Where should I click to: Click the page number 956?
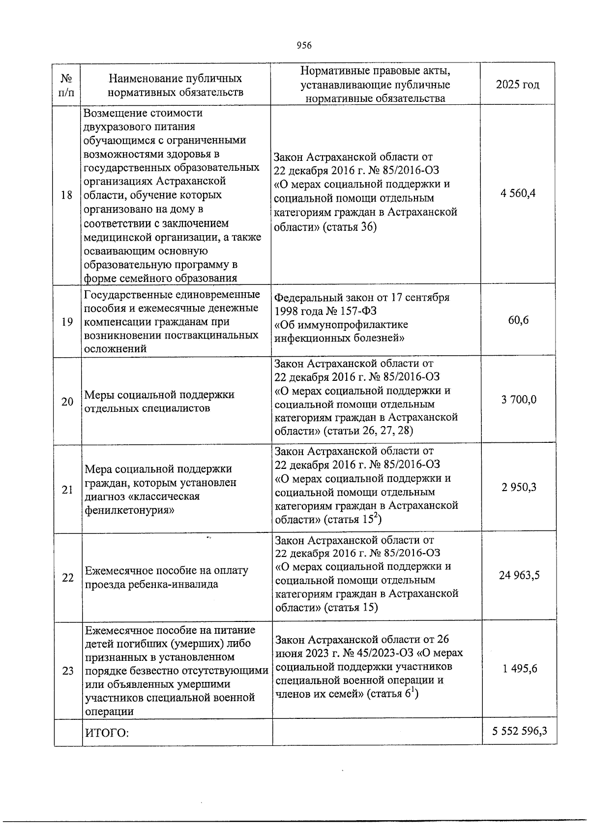coord(304,46)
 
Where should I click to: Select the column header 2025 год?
coord(518,85)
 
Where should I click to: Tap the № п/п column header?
coord(67,85)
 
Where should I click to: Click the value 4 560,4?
coord(518,193)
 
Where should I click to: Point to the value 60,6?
coord(519,321)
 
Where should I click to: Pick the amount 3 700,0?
coord(519,400)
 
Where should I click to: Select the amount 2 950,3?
coord(519,488)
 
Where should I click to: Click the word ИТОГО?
coord(107,733)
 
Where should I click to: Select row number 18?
coord(66,195)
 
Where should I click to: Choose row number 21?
coord(67,490)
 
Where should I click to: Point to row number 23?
coord(68,671)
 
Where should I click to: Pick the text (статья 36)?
coord(350,227)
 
